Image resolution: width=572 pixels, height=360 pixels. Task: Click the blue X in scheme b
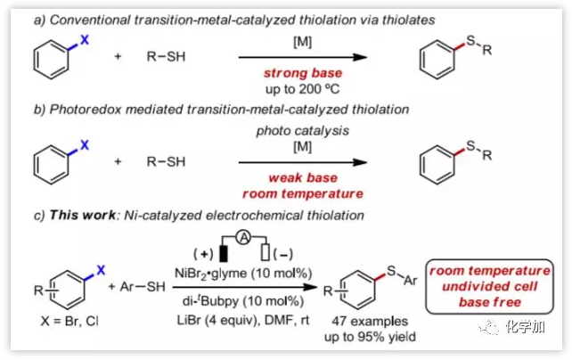point(86,143)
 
